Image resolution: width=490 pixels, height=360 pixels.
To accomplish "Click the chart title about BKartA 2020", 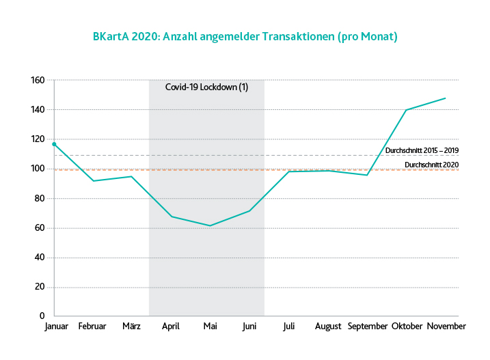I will point(245,36).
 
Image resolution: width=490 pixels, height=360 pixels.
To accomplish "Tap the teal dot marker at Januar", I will point(55,144).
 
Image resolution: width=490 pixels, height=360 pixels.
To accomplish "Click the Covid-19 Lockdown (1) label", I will point(206,87).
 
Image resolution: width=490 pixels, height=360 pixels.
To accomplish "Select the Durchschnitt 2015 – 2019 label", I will point(422,150).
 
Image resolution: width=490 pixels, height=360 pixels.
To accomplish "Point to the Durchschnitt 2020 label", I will point(431,165).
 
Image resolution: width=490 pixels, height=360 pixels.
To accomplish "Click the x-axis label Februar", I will point(93,327).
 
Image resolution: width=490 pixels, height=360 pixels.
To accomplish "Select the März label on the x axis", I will point(132,327).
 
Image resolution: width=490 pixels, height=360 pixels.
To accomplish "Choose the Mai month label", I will point(210,327).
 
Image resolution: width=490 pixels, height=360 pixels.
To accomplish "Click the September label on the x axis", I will point(367,327).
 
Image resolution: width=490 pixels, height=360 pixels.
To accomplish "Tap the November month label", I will point(446,327).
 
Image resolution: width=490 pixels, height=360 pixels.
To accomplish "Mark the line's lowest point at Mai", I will point(210,225).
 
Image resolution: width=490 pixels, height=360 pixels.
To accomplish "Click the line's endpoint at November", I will point(446,98).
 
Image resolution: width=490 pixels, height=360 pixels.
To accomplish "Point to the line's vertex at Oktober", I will point(407,110).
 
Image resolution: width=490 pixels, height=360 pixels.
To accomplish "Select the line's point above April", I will point(172,217).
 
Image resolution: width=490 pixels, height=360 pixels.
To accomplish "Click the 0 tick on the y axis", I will point(42,317).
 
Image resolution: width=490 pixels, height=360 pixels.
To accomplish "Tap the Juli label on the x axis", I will point(289,327).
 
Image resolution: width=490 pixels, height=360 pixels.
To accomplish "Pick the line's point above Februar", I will point(93,181).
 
